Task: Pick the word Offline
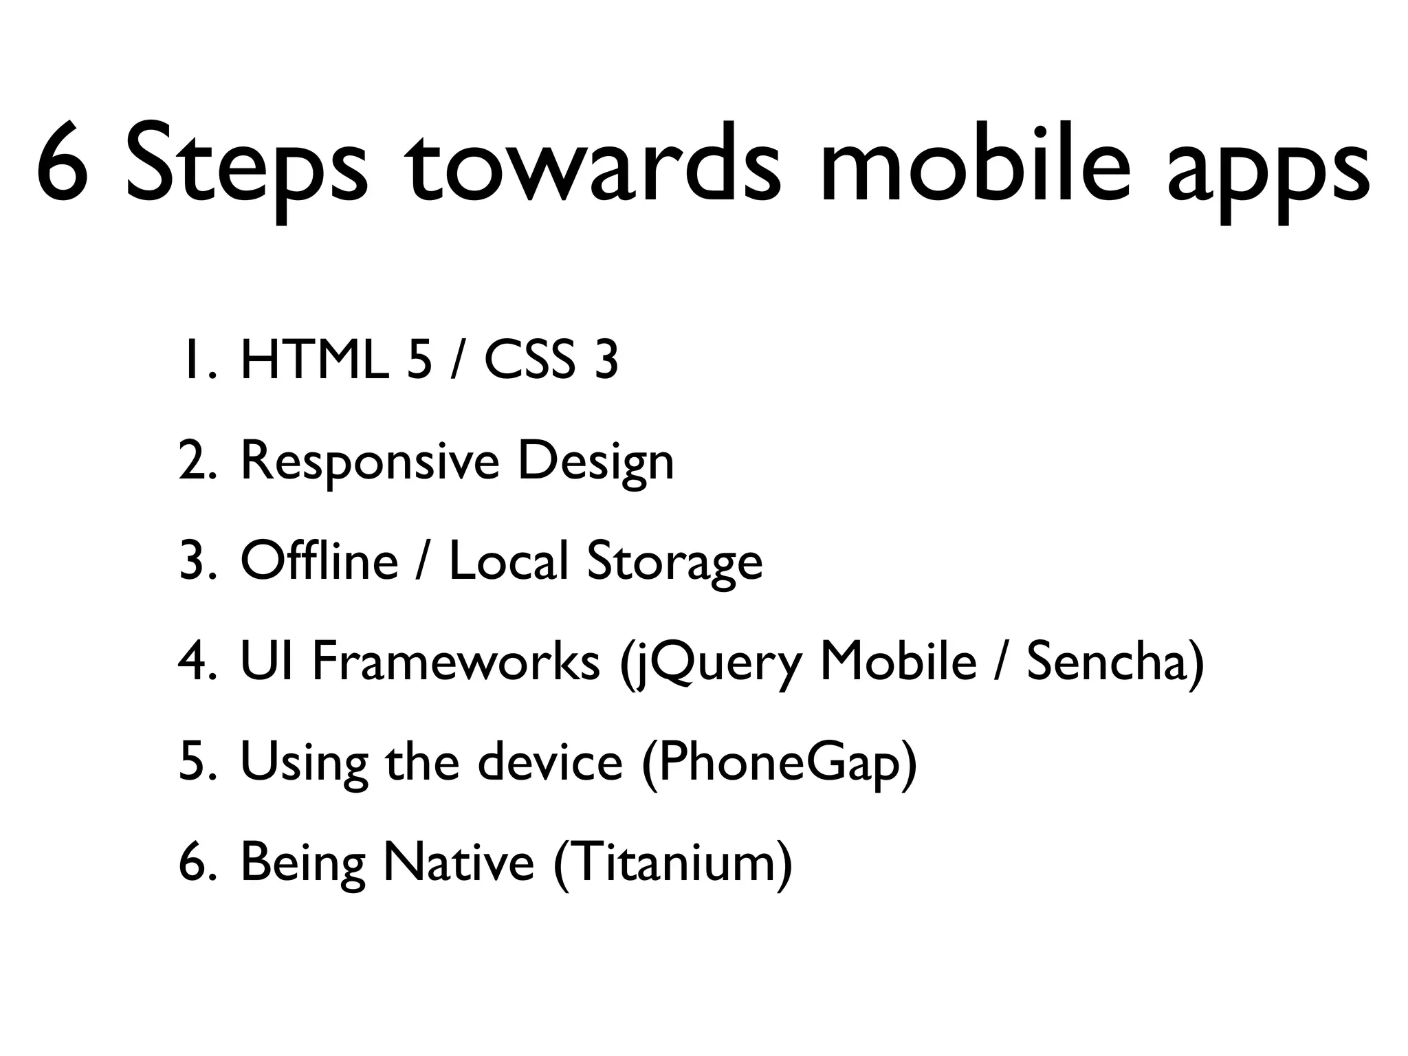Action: click(319, 560)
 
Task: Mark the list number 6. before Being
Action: click(197, 862)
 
